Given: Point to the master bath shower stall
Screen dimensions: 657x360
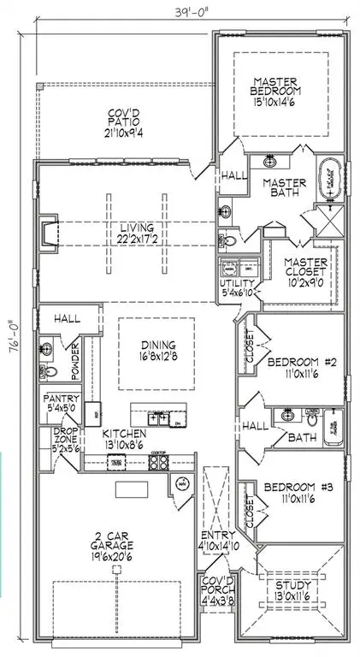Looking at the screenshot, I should point(328,222).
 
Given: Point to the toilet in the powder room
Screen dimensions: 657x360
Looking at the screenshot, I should point(50,371).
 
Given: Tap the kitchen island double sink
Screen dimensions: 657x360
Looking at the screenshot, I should point(157,418).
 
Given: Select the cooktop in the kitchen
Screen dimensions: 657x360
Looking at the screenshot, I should point(158,461).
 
